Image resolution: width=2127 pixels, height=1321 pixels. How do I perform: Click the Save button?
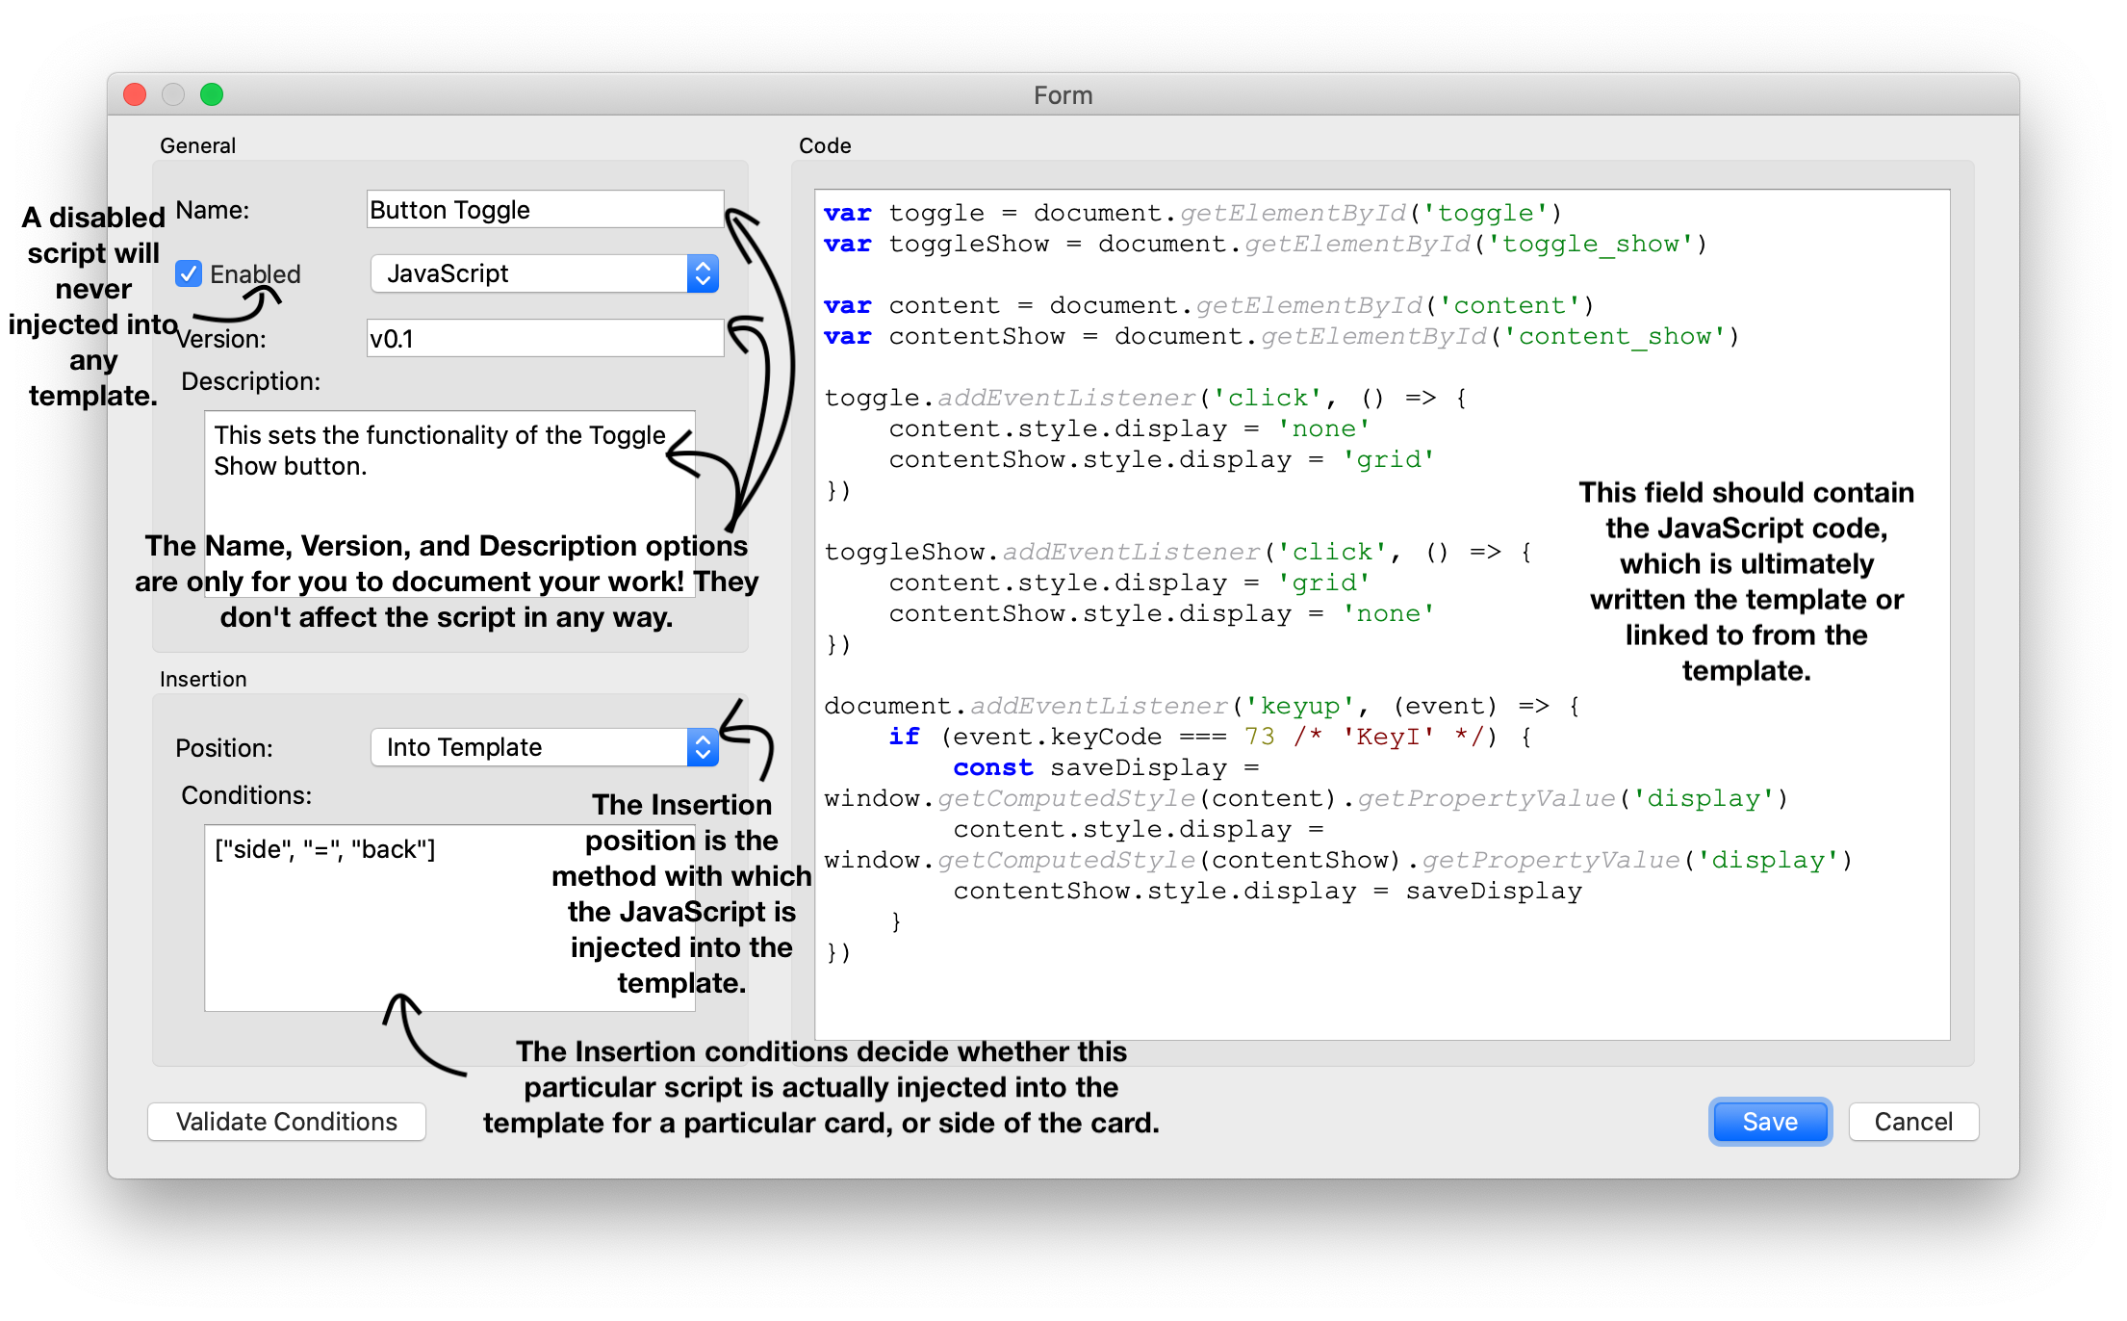click(1769, 1122)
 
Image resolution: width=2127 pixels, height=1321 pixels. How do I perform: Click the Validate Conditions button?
click(286, 1122)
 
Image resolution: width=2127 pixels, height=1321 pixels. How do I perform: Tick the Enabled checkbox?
click(189, 274)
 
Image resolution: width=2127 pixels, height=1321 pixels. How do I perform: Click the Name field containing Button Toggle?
click(544, 210)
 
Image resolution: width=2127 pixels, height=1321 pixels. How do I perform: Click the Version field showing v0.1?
click(544, 339)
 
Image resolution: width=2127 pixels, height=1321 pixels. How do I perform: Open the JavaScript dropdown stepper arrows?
click(703, 274)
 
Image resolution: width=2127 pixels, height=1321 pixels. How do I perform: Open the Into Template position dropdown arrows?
click(703, 748)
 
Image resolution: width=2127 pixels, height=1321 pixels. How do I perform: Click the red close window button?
click(135, 94)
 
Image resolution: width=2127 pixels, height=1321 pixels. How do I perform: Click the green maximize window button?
click(212, 94)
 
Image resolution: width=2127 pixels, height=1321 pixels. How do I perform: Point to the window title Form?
click(1063, 95)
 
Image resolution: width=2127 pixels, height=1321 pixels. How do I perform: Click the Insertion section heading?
click(203, 679)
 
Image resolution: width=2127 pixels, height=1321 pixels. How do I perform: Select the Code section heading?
click(825, 145)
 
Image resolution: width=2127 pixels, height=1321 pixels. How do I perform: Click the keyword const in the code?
click(992, 768)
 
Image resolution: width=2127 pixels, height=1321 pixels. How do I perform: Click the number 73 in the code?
click(1259, 738)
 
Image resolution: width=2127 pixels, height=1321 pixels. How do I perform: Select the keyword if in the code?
click(904, 738)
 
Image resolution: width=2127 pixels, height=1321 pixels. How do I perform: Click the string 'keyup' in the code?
click(1299, 707)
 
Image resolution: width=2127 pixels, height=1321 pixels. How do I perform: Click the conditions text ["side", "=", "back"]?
click(324, 849)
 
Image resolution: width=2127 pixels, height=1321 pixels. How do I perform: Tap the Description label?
click(250, 381)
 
